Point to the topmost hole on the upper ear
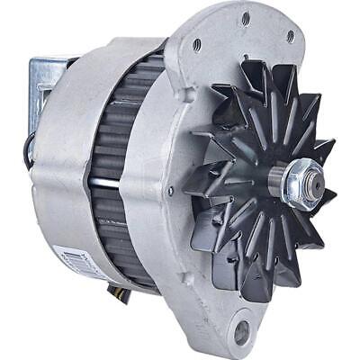point(245,17)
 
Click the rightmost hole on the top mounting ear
point(290,37)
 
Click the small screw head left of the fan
point(170,190)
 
